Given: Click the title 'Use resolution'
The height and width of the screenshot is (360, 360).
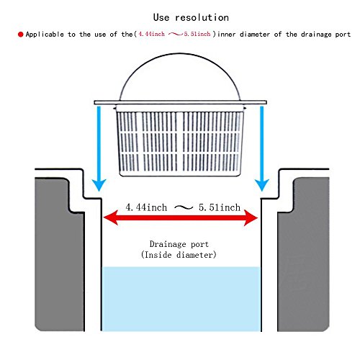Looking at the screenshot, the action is pos(191,17).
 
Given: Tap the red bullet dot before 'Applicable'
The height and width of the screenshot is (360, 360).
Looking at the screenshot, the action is pos(21,35).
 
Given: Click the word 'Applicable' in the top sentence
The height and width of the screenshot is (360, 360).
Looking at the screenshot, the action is pos(45,35).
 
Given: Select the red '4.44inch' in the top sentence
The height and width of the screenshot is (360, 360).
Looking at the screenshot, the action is pos(152,34).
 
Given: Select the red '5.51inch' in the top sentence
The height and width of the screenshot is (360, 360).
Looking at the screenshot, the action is pos(197,34).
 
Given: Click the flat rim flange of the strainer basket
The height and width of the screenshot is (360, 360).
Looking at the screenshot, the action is pos(180,102).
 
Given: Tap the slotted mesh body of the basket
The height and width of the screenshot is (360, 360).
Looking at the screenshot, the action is pos(180,143).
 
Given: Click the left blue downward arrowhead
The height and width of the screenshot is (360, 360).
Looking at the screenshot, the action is pos(99,185).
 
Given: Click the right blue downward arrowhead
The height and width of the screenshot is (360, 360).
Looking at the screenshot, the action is pos(262,185).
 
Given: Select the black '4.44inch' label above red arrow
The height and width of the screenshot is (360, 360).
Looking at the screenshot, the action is pos(146,207).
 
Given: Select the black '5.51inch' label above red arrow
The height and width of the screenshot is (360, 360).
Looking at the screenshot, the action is pos(220,207).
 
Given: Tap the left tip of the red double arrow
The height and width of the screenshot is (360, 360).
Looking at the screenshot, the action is pos(104,217).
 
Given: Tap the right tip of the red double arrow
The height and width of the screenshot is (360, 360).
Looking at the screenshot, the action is pos(258,217).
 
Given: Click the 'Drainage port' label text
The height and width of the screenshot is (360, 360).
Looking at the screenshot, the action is pos(179,244).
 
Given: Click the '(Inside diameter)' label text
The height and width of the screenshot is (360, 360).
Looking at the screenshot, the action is pos(179,255).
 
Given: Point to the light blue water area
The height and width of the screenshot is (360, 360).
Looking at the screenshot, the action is pos(181,299).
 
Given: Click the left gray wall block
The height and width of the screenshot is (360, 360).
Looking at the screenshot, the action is pos(60,254).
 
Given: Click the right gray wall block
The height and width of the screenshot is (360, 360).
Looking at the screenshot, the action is pos(303,254).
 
